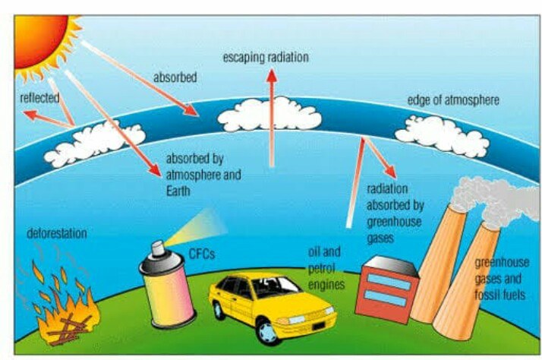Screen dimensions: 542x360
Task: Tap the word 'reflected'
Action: pyautogui.click(x=39, y=98)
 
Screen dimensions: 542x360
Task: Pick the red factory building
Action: pyautogui.click(x=389, y=288)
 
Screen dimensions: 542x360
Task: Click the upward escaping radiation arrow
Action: pyautogui.click(x=271, y=114)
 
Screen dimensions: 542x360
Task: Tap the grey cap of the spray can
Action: pyautogui.click(x=157, y=250)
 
